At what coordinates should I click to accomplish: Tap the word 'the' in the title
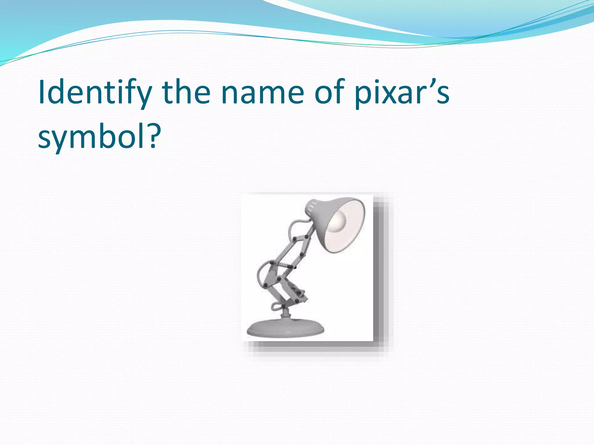[x=186, y=92]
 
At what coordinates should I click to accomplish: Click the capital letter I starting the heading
[x=42, y=92]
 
